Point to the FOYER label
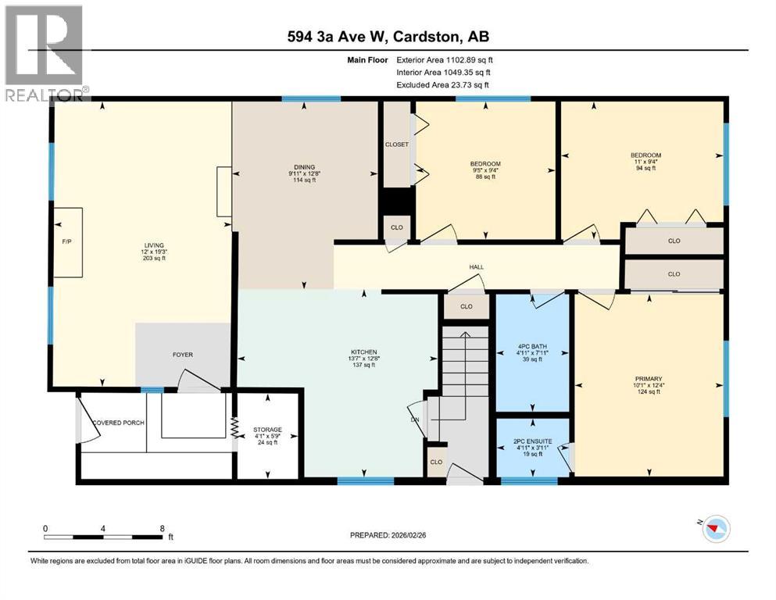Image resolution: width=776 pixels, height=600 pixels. coord(182,355)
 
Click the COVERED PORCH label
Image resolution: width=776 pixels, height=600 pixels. coord(117,423)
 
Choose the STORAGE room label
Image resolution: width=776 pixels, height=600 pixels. coord(267,430)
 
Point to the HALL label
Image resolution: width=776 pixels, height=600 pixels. coord(476,267)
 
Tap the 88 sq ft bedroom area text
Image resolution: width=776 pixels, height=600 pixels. coord(485,177)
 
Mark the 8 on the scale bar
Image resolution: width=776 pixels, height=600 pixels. coord(161,527)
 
